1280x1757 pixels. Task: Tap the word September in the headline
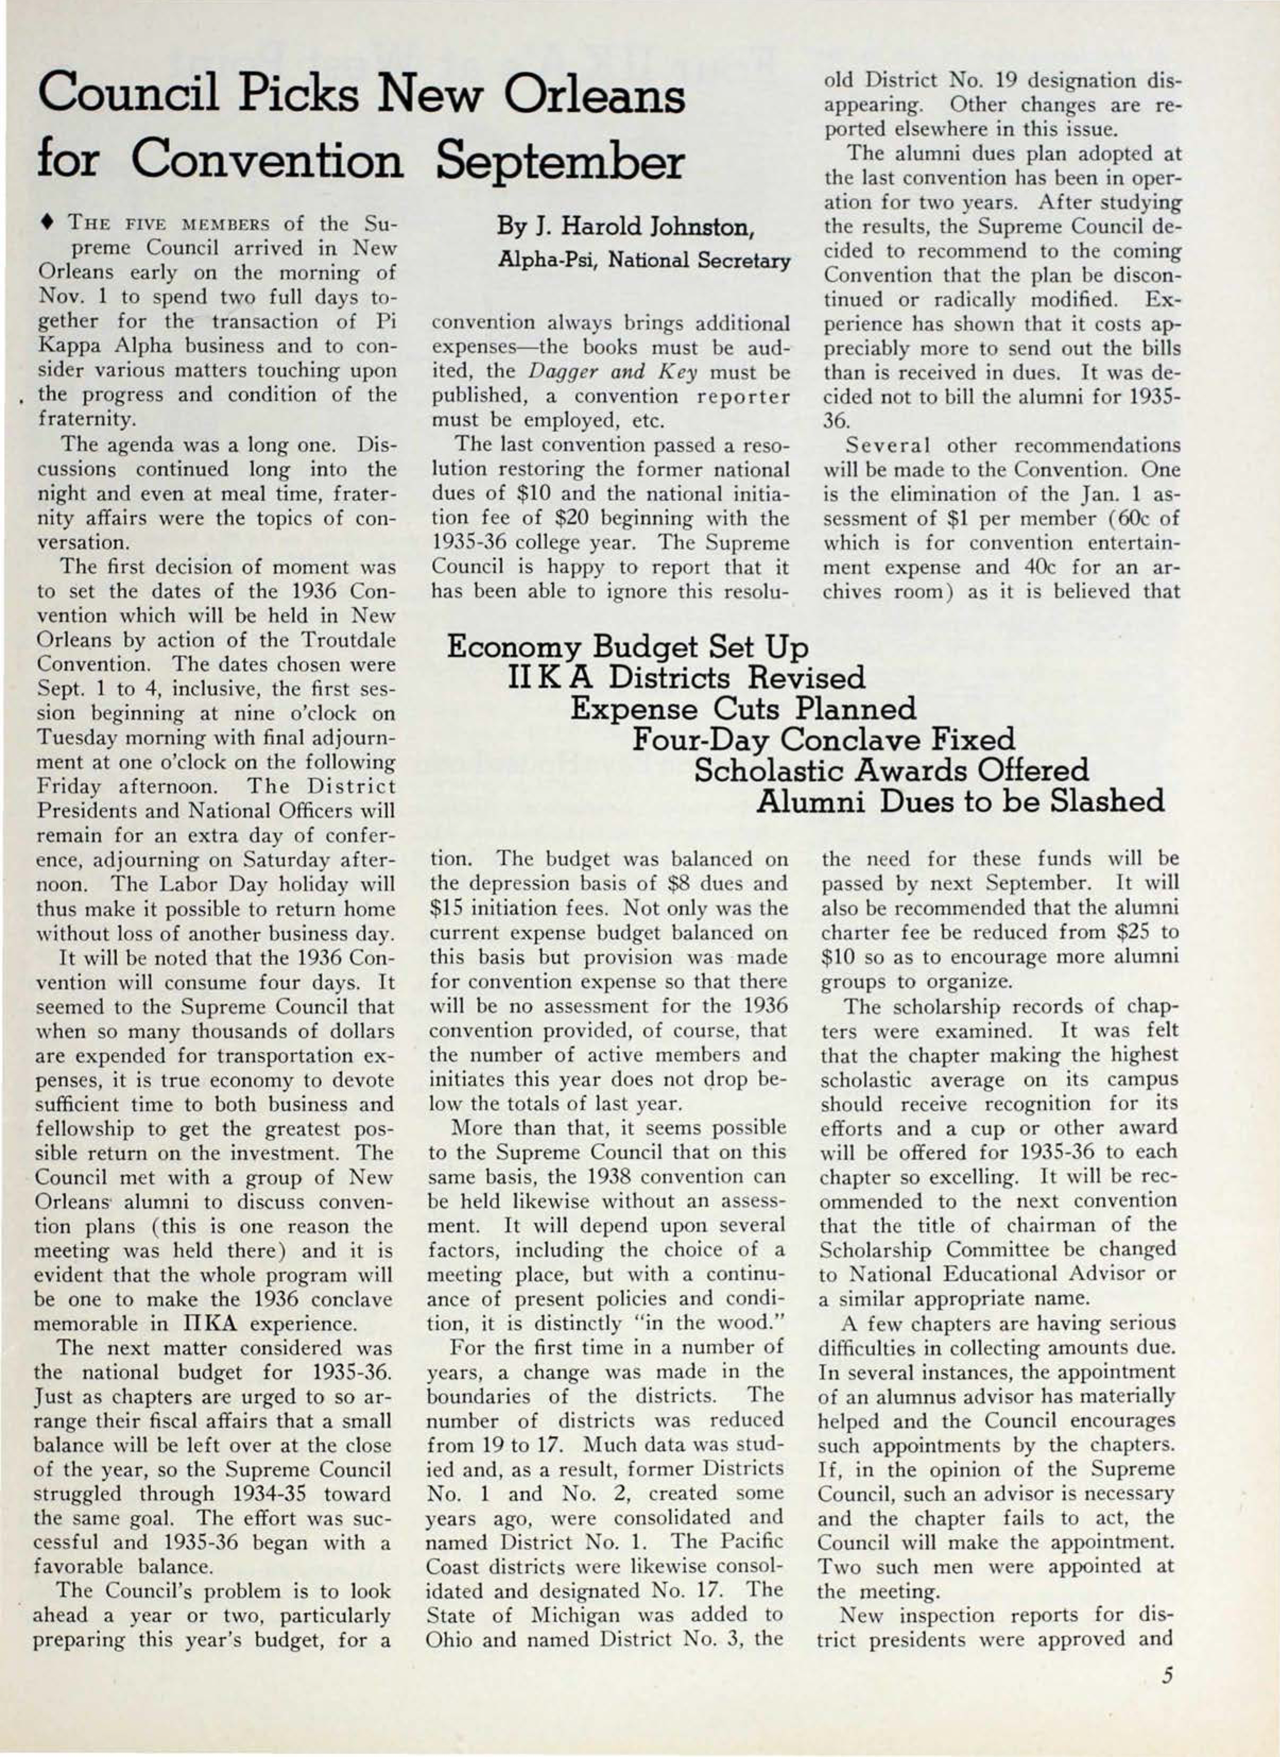tap(559, 162)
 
